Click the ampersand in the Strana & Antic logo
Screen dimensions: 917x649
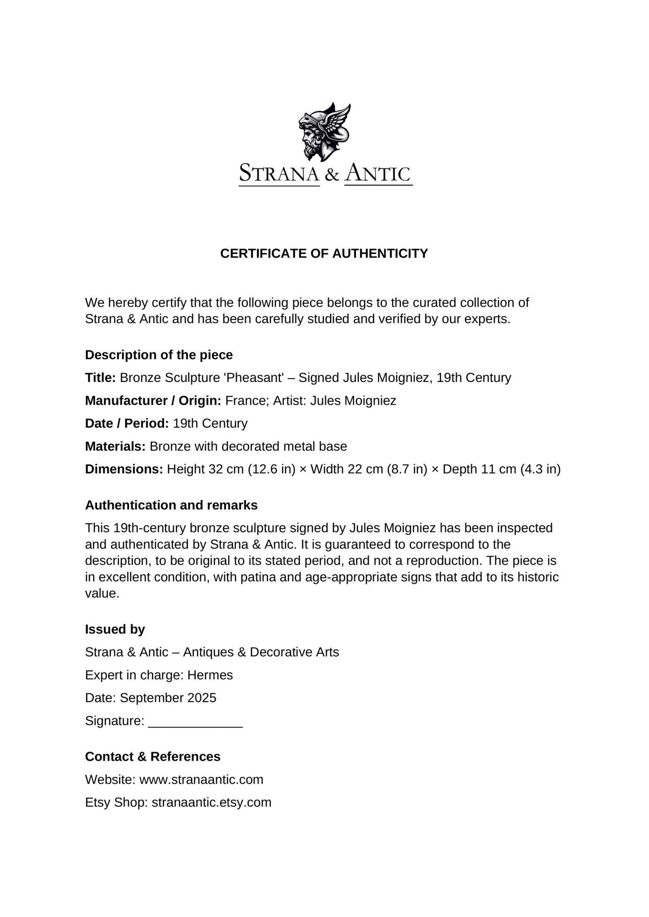coord(332,175)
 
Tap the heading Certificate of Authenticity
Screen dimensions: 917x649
coord(324,253)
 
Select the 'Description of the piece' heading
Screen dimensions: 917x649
coord(159,355)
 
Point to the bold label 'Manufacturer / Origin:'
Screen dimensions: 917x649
coord(153,401)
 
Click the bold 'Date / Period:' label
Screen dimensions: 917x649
coord(127,423)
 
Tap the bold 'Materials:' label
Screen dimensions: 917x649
coord(115,446)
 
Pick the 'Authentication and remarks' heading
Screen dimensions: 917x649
coord(171,505)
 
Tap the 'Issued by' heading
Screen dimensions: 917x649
coord(115,629)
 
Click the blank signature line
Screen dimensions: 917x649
coord(196,722)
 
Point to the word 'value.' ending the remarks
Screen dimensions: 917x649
coord(102,593)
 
